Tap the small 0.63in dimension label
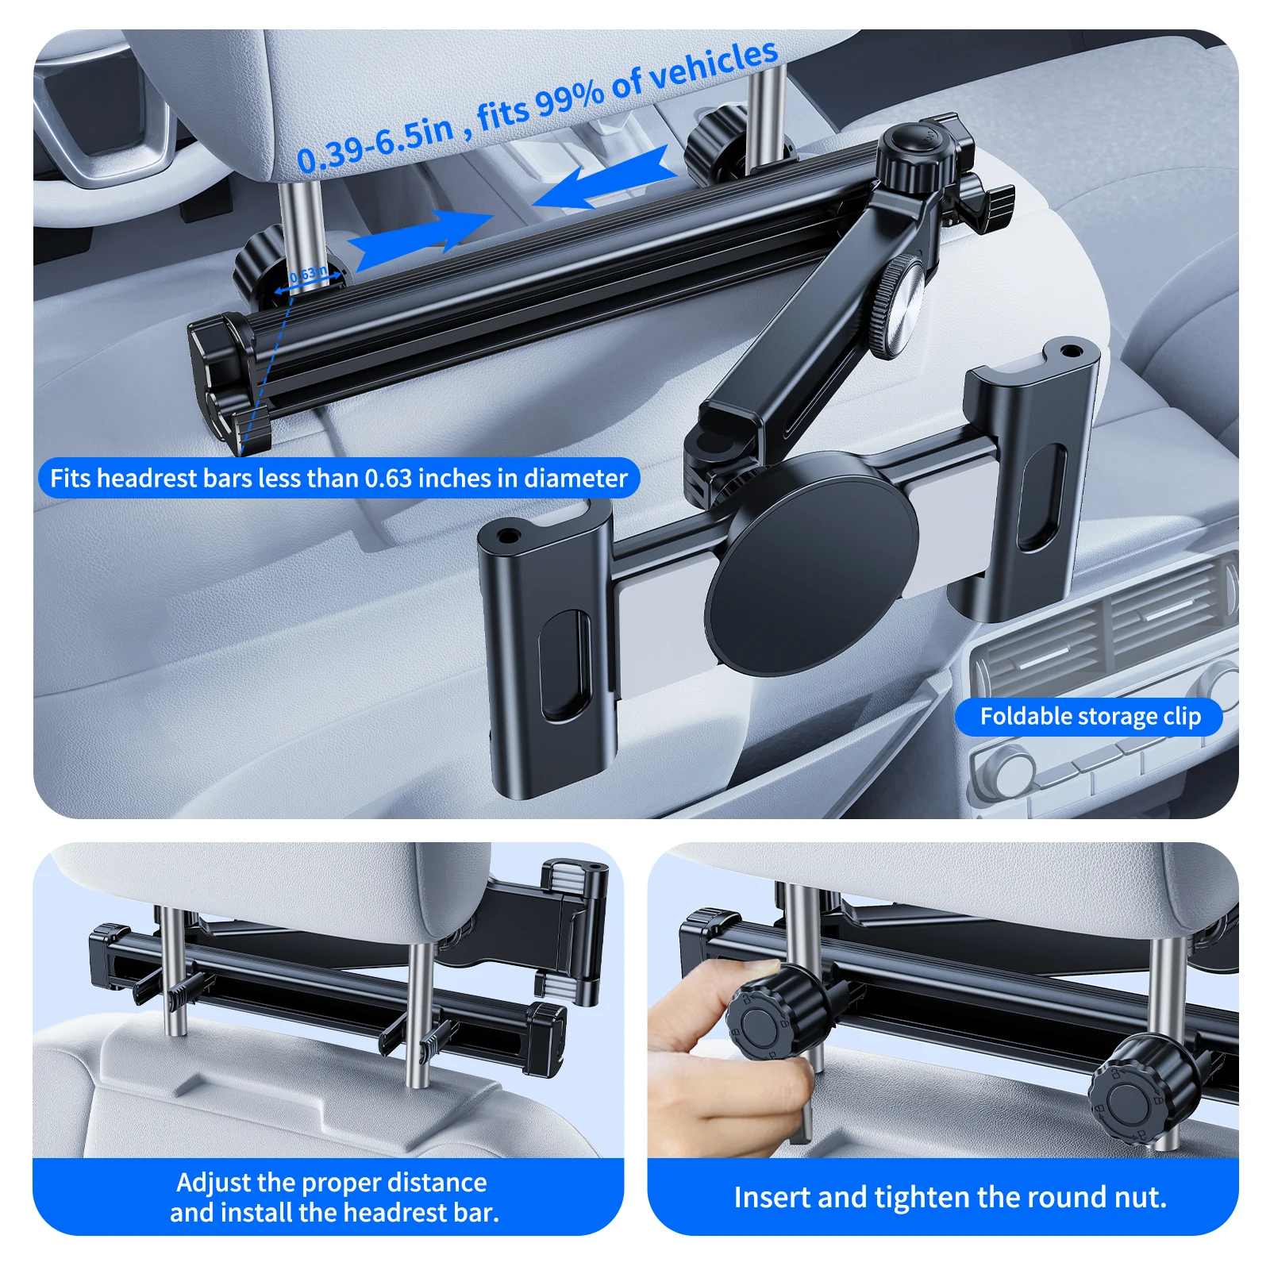309,275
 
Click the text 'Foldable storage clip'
1089,717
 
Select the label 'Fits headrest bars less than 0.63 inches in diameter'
339,478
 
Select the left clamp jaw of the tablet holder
548,643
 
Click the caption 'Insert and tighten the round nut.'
950,1197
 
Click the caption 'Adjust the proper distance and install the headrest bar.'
333,1197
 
